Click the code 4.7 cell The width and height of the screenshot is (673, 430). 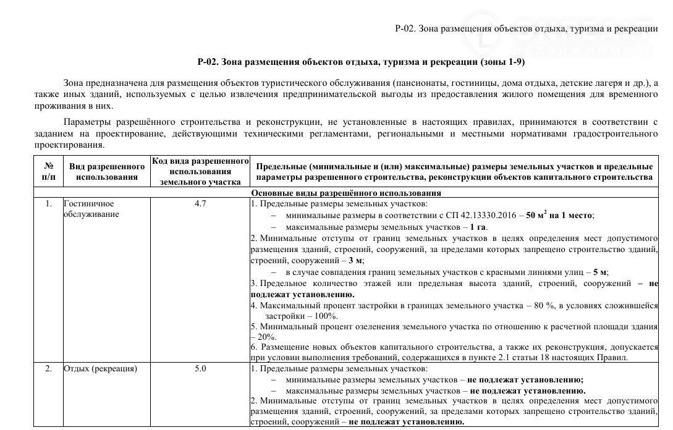point(200,203)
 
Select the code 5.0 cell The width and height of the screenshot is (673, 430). point(200,369)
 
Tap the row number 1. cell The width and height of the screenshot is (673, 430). point(48,203)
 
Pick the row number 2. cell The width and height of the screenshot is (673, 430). point(48,369)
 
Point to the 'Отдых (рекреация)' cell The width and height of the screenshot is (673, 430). point(100,369)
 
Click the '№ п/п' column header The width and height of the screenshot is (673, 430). point(48,172)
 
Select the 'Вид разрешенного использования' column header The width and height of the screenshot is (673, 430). point(106,172)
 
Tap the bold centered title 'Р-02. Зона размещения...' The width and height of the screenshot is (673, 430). point(362,62)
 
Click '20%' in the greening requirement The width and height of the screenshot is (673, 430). point(267,337)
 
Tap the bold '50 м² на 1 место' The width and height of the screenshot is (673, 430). point(560,215)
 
